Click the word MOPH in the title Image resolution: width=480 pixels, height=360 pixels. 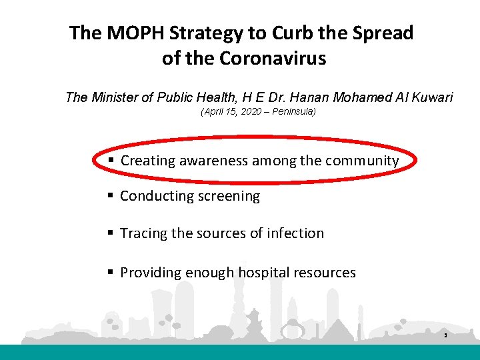[x=131, y=33]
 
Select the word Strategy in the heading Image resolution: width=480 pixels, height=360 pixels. [x=200, y=33]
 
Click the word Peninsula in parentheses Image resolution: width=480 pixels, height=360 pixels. [x=293, y=112]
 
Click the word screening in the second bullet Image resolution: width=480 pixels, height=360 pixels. [x=227, y=196]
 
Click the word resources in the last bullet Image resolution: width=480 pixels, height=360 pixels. [x=326, y=272]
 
